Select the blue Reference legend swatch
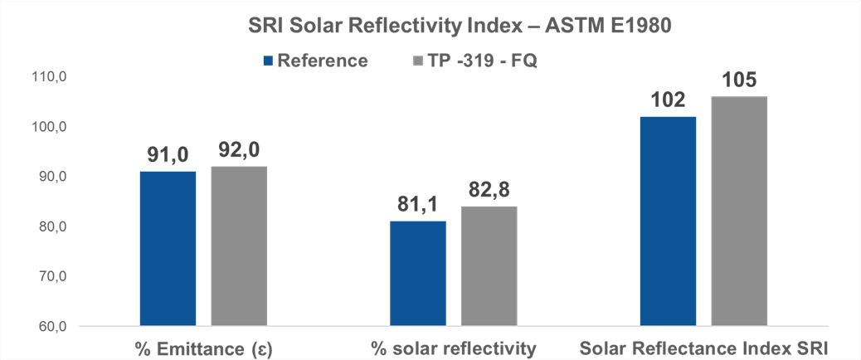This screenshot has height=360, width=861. point(267,61)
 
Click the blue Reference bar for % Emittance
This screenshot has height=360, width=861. point(168,248)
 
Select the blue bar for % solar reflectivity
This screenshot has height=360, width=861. point(418,273)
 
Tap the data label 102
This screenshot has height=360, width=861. point(669,101)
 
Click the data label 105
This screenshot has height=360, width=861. point(739,81)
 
